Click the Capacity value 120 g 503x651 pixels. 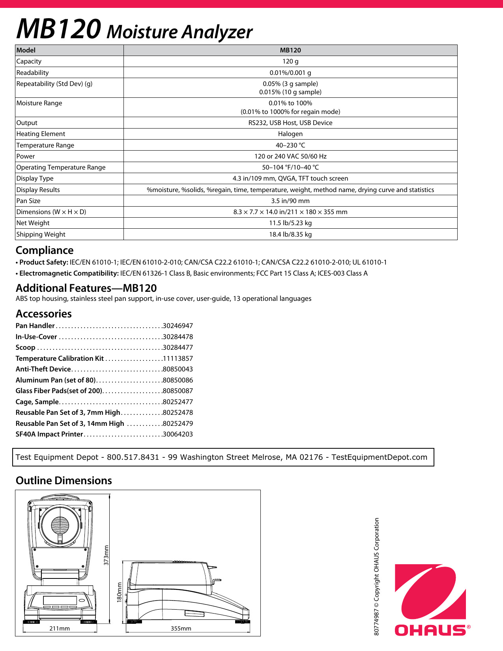[290, 62]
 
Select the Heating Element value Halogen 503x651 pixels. [290, 134]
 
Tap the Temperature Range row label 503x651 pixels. [45, 145]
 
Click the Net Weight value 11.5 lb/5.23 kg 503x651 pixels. [290, 223]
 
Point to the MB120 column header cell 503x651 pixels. [290, 50]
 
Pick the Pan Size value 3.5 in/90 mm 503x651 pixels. [290, 201]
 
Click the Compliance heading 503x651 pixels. [45, 251]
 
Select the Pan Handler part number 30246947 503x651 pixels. [178, 326]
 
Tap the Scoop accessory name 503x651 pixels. [26, 348]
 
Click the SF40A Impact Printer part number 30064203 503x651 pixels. [178, 435]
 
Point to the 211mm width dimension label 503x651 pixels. [60, 629]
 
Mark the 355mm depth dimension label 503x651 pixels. [181, 629]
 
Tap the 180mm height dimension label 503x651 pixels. [119, 592]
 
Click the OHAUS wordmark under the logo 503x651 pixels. [430, 630]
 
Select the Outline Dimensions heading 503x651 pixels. [64, 481]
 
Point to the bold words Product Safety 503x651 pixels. [44, 263]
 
